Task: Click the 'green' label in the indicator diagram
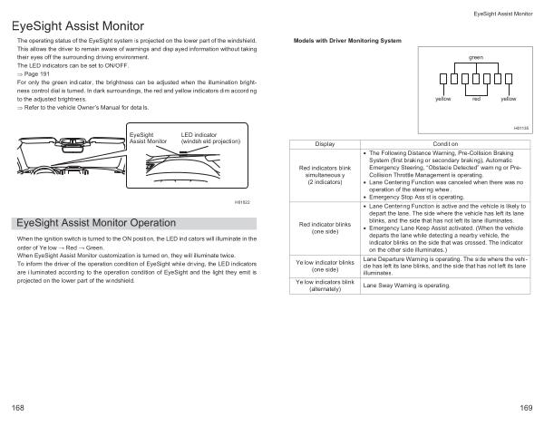tap(475, 57)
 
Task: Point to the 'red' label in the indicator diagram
tap(475, 98)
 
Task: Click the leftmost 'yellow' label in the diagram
tap(443, 98)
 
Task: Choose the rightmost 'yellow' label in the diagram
tap(508, 98)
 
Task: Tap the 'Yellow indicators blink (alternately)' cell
tap(324, 285)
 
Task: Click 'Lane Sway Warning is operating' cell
tap(407, 285)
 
